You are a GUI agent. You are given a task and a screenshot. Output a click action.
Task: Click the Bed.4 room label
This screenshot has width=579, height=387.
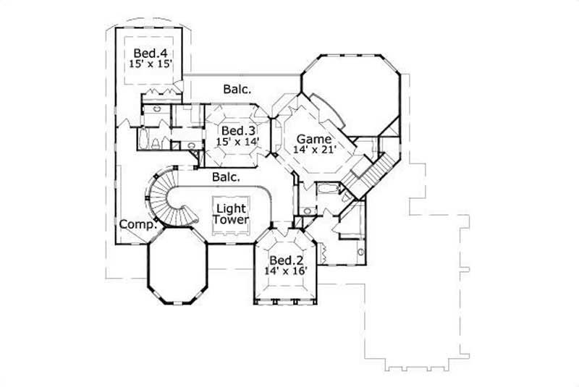[150, 53]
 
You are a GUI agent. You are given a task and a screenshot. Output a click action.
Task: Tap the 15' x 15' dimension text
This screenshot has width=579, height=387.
[150, 64]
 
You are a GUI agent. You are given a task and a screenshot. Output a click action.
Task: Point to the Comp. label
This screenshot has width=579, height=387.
[138, 224]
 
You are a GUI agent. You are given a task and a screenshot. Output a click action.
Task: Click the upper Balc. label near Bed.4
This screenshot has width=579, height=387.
[237, 90]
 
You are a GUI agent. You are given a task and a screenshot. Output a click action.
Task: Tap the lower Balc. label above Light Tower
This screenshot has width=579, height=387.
[227, 176]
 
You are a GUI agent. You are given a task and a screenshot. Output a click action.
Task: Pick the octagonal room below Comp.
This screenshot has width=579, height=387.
[177, 264]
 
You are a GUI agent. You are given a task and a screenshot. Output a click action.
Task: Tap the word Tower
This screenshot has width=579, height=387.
[232, 219]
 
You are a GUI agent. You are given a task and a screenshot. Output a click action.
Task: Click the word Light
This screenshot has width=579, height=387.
[232, 208]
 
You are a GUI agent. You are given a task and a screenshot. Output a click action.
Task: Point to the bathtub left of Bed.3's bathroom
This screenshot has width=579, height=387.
[143, 139]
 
